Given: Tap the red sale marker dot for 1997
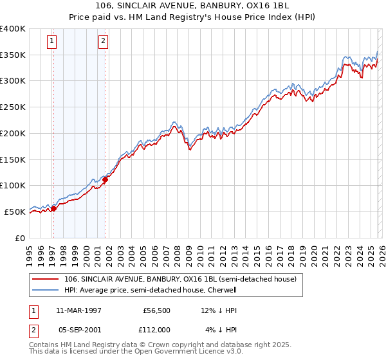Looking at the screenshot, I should click(54, 208).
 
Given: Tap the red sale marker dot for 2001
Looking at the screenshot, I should click(105, 179).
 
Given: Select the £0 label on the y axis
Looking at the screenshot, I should click(21, 238).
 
